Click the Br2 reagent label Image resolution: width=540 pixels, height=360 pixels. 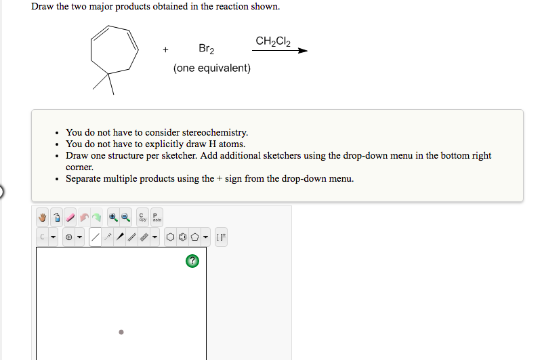pos(207,49)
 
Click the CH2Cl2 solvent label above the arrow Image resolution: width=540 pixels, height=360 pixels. pos(273,41)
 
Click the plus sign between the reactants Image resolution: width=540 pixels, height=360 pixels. pos(165,49)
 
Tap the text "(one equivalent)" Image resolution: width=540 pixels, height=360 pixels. pos(212,68)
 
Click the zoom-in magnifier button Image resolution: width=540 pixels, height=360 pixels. pos(113,218)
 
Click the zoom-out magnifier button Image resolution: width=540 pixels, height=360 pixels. pos(125,218)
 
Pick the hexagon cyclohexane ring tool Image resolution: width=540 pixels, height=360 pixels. pos(171,237)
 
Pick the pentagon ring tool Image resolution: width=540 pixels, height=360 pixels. pos(195,237)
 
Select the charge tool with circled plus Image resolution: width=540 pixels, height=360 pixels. pos(69,237)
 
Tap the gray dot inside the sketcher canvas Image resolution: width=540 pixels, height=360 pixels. pos(121,332)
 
